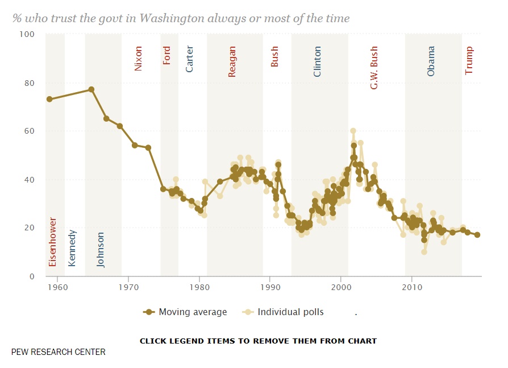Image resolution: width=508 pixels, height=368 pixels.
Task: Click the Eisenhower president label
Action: [x=53, y=242]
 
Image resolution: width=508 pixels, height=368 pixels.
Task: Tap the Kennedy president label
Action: [x=72, y=247]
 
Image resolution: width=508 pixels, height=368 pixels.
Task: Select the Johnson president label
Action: [x=101, y=249]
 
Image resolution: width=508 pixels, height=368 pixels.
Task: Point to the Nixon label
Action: [x=138, y=59]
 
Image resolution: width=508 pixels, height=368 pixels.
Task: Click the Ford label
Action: [x=167, y=55]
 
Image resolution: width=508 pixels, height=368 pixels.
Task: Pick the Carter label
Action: [x=190, y=59]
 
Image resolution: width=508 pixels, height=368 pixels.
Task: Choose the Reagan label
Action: [x=232, y=61]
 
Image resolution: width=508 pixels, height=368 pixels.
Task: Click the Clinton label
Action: [x=318, y=61]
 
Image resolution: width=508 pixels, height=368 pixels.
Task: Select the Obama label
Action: [x=431, y=61]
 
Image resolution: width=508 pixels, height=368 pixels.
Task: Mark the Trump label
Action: [x=469, y=60]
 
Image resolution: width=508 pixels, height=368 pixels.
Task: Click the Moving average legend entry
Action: [x=185, y=312]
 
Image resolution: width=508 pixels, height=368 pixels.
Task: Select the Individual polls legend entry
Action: [x=284, y=312]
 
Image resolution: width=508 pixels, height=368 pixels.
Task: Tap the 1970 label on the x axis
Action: [x=128, y=287]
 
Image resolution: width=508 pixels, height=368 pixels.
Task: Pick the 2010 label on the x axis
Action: [x=411, y=287]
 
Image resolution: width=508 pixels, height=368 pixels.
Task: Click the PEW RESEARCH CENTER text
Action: [x=59, y=352]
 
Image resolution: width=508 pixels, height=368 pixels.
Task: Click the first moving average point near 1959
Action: [x=49, y=99]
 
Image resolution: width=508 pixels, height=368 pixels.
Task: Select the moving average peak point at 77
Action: [x=91, y=89]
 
